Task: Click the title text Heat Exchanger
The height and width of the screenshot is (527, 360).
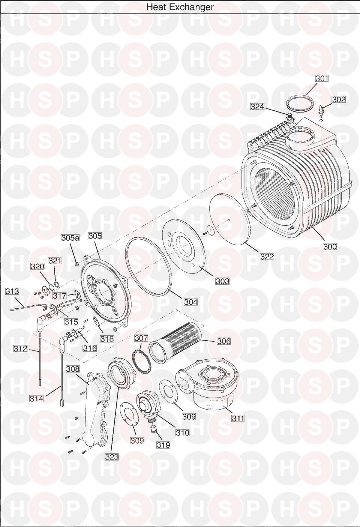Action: [180, 7]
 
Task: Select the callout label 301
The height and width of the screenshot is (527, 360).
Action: [322, 78]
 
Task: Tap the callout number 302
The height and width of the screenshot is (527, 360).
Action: [339, 99]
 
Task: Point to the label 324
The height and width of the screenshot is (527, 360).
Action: [257, 107]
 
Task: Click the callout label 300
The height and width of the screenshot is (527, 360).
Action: [330, 246]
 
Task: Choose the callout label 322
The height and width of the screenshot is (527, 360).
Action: [267, 257]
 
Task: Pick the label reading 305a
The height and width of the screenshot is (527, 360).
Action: [70, 238]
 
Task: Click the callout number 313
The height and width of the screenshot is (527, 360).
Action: [12, 291]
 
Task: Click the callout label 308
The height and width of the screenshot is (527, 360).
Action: [73, 369]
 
